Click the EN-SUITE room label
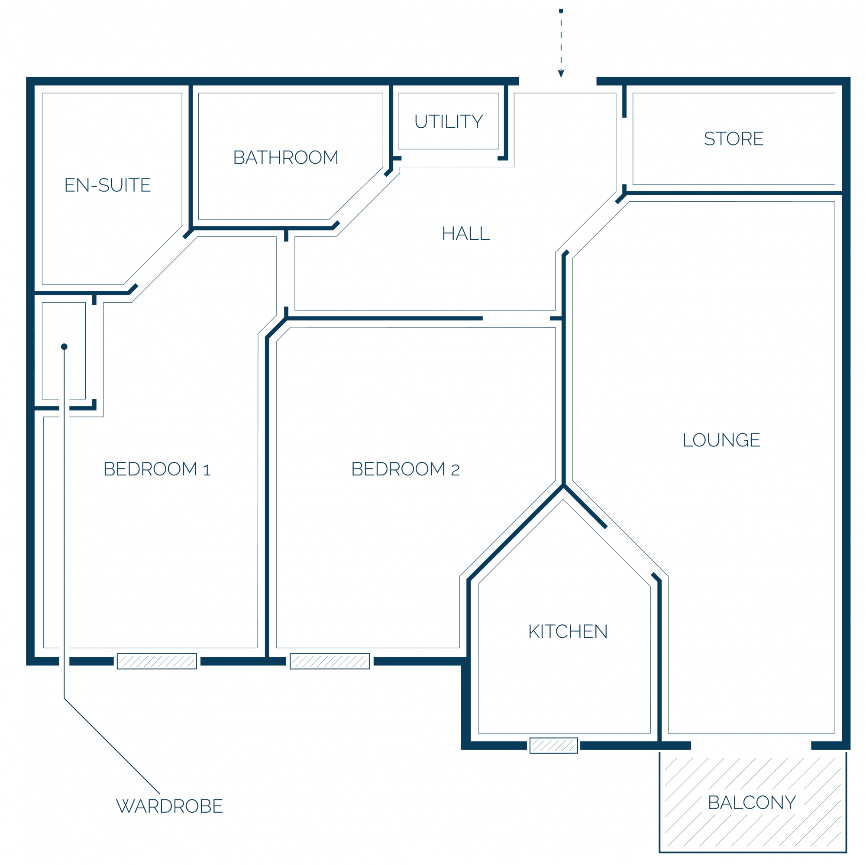107,185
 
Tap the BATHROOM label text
286,157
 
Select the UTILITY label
449,122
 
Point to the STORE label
734,139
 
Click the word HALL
466,233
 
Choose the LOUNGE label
721,440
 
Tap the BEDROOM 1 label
157,469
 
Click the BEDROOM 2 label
405,469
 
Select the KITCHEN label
568,632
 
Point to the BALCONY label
752,802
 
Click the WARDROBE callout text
169,806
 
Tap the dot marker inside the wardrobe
64,346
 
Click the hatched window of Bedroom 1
157,661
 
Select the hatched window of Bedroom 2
330,661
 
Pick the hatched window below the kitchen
553,746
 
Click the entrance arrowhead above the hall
561,74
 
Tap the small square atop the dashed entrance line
561,11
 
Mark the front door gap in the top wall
558,81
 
